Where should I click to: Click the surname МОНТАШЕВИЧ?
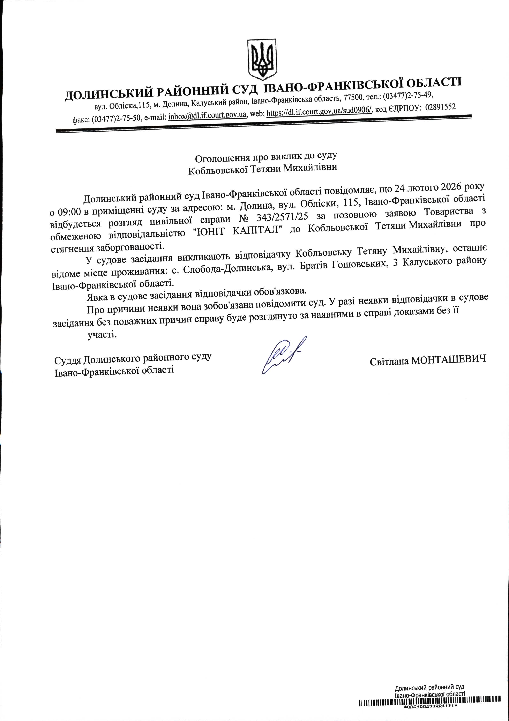(x=448, y=359)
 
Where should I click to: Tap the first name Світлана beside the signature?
(x=389, y=361)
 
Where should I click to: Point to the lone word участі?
(x=102, y=335)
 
